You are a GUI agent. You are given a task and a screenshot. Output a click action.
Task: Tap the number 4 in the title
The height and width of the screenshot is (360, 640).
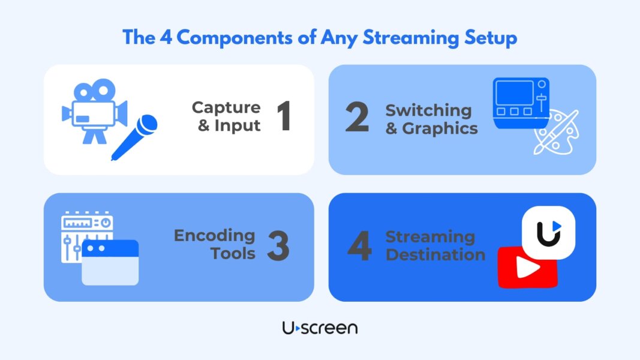pyautogui.click(x=166, y=37)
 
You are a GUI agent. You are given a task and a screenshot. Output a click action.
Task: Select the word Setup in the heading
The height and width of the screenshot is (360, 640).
pyautogui.click(x=491, y=38)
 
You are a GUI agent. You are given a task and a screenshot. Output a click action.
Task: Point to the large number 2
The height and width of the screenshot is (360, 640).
pyautogui.click(x=357, y=117)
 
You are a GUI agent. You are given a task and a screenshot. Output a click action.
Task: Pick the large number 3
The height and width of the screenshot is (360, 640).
pyautogui.click(x=278, y=246)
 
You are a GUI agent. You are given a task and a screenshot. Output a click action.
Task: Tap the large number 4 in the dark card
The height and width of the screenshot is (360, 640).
pyautogui.click(x=360, y=246)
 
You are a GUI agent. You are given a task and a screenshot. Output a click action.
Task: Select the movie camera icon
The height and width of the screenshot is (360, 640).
pyautogui.click(x=95, y=111)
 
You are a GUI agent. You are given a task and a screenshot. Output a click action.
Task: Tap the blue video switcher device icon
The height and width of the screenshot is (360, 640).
pyautogui.click(x=521, y=103)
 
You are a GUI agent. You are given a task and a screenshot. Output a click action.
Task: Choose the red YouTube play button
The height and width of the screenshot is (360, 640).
pyautogui.click(x=527, y=268)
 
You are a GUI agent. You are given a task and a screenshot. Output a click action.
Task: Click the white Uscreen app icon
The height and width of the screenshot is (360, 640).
pyautogui.click(x=549, y=233)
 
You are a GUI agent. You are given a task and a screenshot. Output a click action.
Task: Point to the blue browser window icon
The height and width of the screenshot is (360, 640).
pyautogui.click(x=110, y=262)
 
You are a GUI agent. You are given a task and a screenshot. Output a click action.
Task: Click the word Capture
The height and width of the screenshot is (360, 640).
pyautogui.click(x=226, y=108)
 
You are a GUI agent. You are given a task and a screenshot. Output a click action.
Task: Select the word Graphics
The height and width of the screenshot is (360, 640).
pyautogui.click(x=440, y=129)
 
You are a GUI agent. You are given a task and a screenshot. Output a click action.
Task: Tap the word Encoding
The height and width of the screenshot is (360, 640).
pyautogui.click(x=214, y=236)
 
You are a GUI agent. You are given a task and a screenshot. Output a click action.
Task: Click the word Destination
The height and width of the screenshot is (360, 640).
pyautogui.click(x=435, y=254)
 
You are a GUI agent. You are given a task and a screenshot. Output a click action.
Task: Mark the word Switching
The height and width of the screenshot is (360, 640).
pyautogui.click(x=429, y=111)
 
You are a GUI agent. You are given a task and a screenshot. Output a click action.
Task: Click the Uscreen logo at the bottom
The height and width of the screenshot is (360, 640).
pyautogui.click(x=320, y=328)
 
